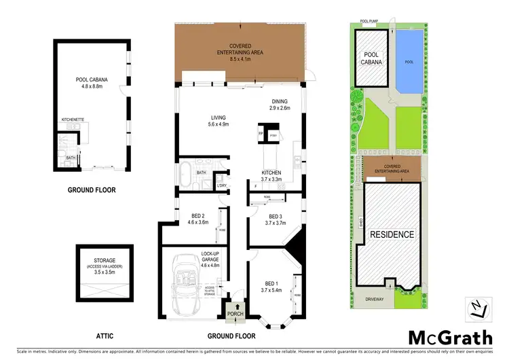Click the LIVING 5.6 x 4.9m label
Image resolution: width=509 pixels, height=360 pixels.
(219, 121)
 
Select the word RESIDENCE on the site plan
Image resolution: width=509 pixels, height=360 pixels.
(392, 234)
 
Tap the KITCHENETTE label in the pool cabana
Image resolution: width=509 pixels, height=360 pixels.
(73, 119)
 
